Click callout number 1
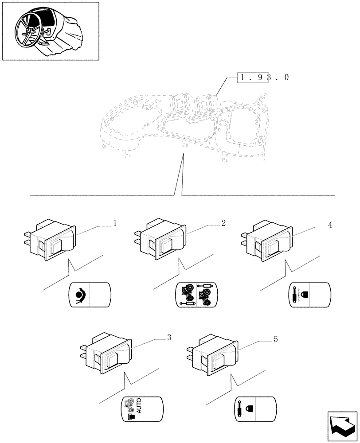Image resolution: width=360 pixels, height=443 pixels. pyautogui.click(x=115, y=223)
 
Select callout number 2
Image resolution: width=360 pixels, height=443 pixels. pyautogui.click(x=223, y=223)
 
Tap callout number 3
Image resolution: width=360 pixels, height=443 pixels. pyautogui.click(x=169, y=338)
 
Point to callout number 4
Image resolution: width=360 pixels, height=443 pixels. pyautogui.click(x=330, y=225)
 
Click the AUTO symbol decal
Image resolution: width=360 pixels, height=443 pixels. pyautogui.click(x=142, y=408)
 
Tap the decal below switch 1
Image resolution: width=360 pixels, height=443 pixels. pyautogui.click(x=90, y=295)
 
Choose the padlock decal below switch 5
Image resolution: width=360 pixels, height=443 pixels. pyautogui.click(x=255, y=408)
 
